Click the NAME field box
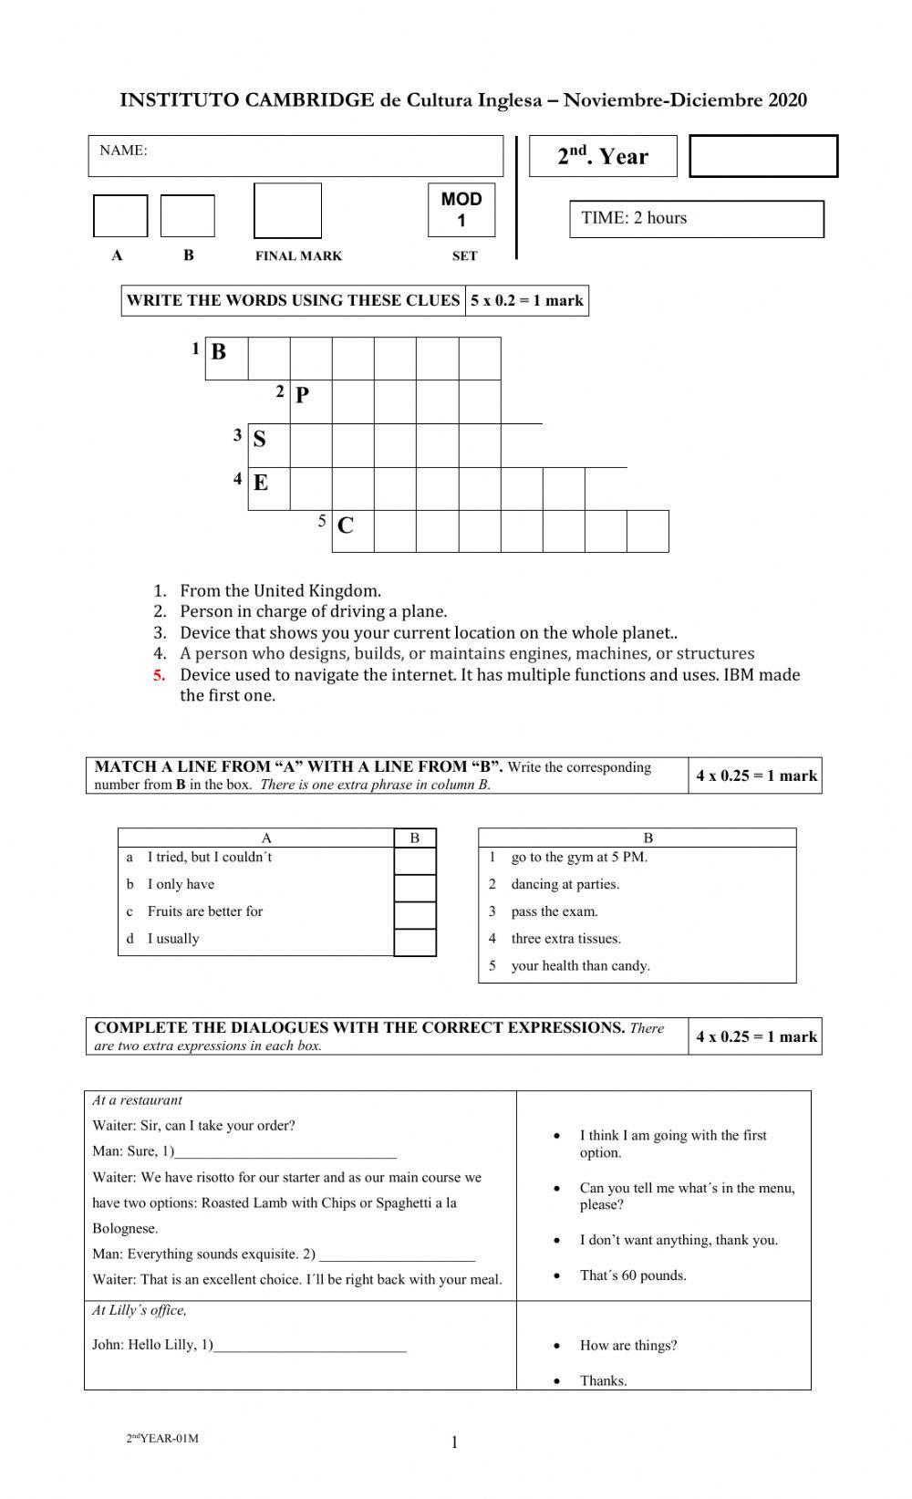pos(295,156)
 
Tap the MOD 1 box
pos(461,210)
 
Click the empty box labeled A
pos(120,216)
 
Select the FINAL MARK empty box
pos(287,211)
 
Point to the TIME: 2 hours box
pos(696,219)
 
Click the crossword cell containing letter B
pos(226,358)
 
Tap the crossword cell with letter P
pos(311,401)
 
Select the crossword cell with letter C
pos(353,531)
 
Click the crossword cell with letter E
pos(268,488)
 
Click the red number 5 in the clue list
pos(160,675)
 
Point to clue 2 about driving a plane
pos(313,611)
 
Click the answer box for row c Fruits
pos(415,915)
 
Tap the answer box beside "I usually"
pos(415,942)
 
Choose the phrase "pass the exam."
pos(554,911)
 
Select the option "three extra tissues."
pos(565,939)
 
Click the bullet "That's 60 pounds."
pos(633,1275)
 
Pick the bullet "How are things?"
pos(627,1346)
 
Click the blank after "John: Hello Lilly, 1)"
pos(310,1346)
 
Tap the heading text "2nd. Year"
pos(603,156)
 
